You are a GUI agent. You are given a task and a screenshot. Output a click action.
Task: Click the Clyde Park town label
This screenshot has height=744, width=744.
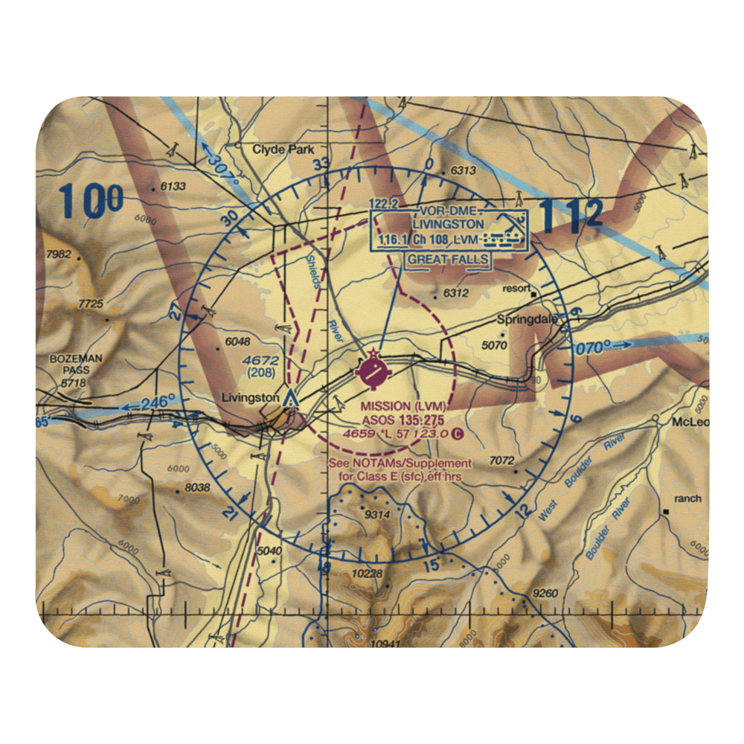point(283,150)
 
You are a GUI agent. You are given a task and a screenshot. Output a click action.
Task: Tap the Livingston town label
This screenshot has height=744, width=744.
point(251,398)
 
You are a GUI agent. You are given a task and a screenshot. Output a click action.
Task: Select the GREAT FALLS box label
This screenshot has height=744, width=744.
point(448,260)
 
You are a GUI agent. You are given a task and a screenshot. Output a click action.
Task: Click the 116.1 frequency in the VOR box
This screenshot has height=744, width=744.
point(394,239)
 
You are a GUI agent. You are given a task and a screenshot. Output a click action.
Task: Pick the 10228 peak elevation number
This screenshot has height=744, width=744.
point(368,574)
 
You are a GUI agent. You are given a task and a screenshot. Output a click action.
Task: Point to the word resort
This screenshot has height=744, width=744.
point(516,288)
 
